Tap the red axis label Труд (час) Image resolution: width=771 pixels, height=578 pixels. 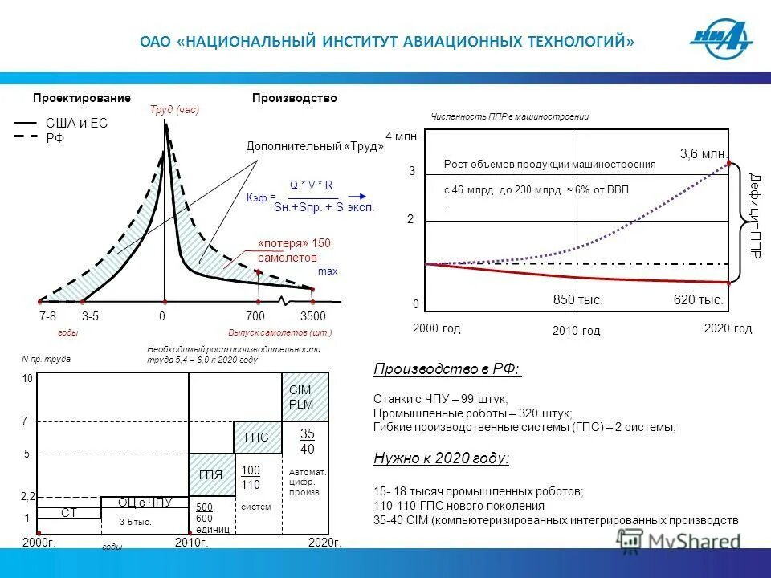click(x=174, y=110)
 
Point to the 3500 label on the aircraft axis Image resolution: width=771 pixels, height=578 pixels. click(x=312, y=317)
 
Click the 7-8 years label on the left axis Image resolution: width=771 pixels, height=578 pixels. click(x=47, y=317)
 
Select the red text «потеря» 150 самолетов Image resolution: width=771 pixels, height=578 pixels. click(x=294, y=250)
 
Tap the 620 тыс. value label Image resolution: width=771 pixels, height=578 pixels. click(x=698, y=300)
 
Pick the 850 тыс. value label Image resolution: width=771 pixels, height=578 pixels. click(x=577, y=300)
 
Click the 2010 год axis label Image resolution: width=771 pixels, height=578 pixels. click(x=576, y=330)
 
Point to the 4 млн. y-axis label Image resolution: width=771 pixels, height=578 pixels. click(x=403, y=136)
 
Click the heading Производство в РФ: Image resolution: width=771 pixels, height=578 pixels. click(x=447, y=369)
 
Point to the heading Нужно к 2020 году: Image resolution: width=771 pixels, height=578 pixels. click(x=441, y=458)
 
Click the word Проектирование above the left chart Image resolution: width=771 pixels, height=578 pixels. click(x=81, y=98)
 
